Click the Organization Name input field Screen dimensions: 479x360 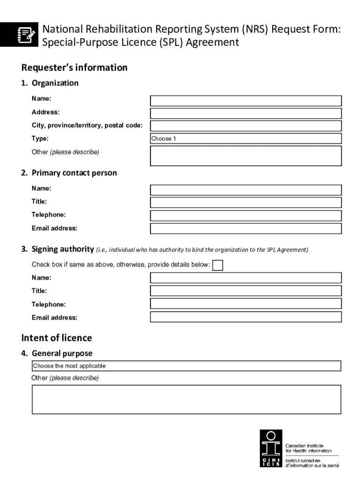[245, 101]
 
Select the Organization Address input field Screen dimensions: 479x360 [245, 113]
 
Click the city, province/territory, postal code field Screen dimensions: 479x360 [245, 126]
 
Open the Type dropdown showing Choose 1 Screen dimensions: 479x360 [245, 138]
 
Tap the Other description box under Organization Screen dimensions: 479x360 [245, 156]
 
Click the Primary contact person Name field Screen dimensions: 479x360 [245, 189]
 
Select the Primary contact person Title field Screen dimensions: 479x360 [245, 202]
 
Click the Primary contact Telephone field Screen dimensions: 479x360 [245, 215]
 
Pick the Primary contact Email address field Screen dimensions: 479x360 [245, 228]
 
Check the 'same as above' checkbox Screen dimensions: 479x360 [217, 265]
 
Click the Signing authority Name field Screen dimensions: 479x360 [245, 278]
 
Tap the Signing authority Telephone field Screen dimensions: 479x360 [245, 304]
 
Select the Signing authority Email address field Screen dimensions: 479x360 [245, 317]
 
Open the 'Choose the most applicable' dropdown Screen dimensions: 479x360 [186, 366]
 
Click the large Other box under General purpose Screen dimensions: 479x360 [186, 399]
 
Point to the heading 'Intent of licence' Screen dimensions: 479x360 [57, 338]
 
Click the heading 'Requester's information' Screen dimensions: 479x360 [74, 68]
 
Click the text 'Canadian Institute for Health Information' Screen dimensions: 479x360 [309, 448]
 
